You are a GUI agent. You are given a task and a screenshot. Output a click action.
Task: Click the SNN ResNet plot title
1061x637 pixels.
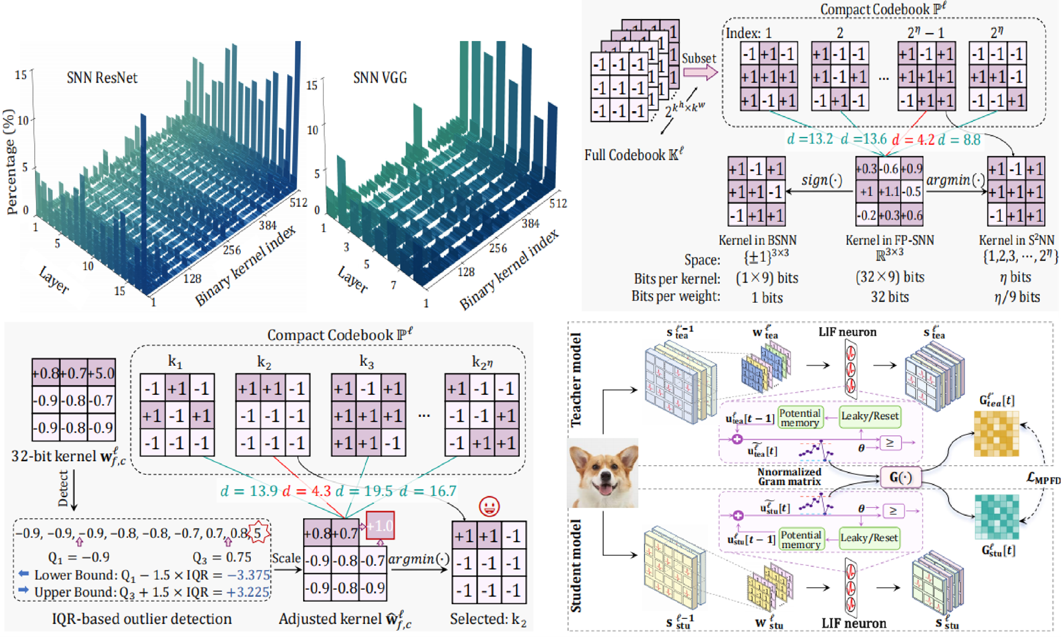click(x=102, y=78)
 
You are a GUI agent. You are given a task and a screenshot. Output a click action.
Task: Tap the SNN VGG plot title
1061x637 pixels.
click(x=379, y=78)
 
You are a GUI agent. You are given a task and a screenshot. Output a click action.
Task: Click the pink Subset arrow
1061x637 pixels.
click(x=700, y=72)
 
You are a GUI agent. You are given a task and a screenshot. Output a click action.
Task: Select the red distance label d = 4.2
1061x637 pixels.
click(x=913, y=139)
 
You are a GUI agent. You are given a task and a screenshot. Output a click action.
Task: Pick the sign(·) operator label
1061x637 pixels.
click(x=821, y=180)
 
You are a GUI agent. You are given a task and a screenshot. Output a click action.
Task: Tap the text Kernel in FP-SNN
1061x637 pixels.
click(x=889, y=240)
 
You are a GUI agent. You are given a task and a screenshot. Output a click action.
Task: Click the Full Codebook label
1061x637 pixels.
click(x=634, y=154)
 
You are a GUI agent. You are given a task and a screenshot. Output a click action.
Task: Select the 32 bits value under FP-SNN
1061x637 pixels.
click(x=889, y=297)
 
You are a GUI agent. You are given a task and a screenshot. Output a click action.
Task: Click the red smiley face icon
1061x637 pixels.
click(x=490, y=507)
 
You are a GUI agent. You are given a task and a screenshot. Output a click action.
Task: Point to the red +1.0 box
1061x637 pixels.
click(x=380, y=526)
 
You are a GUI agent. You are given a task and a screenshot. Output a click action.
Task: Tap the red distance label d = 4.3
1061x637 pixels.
click(x=307, y=491)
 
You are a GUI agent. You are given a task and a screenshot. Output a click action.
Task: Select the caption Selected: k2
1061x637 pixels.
click(x=488, y=619)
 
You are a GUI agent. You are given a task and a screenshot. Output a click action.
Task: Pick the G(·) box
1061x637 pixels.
click(x=900, y=477)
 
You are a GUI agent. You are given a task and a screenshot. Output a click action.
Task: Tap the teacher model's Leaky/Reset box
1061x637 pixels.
click(x=870, y=416)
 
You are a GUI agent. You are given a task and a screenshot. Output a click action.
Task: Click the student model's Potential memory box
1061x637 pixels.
click(x=801, y=539)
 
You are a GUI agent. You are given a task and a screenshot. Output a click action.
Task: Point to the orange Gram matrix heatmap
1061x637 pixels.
click(x=996, y=434)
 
